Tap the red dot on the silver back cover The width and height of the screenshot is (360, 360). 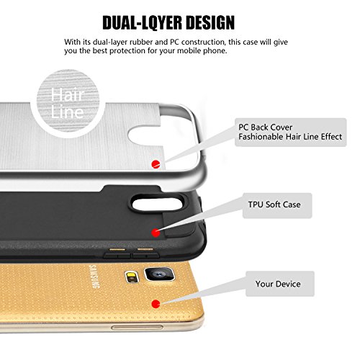click(156, 164)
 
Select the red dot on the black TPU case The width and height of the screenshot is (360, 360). click(156, 233)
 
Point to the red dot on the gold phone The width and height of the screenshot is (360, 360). click(156, 304)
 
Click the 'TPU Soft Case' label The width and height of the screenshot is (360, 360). click(274, 204)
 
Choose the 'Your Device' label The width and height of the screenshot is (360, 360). click(278, 284)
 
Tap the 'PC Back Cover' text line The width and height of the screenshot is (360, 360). click(265, 127)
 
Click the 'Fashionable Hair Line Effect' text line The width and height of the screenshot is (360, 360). click(290, 137)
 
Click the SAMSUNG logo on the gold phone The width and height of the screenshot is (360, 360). click(94, 276)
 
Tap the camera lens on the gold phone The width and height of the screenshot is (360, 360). click(159, 274)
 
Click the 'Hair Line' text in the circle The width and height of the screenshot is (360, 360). click(68, 103)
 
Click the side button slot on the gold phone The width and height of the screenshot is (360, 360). click(137, 327)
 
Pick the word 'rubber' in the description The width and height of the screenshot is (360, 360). click(141, 42)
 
